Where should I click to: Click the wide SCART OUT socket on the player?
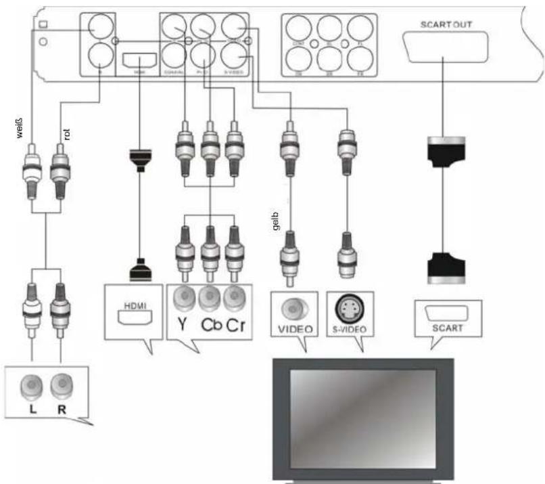pyautogui.click(x=444, y=47)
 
